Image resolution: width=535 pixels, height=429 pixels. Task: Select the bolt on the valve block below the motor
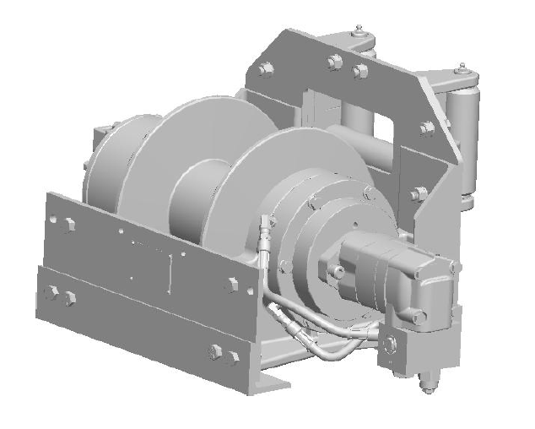[389, 346]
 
